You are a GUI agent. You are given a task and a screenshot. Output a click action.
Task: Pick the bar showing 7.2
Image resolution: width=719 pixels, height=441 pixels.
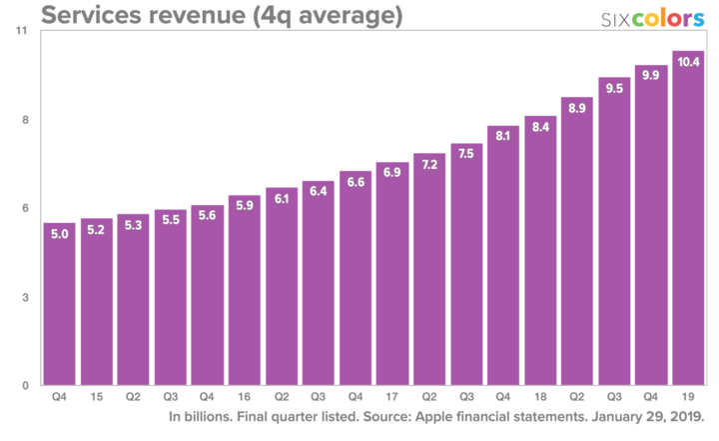(429, 270)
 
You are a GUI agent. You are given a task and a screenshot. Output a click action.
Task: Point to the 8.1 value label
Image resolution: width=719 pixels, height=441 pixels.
(503, 136)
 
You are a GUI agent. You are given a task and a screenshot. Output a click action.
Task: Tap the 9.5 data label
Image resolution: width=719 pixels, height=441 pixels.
(614, 87)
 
